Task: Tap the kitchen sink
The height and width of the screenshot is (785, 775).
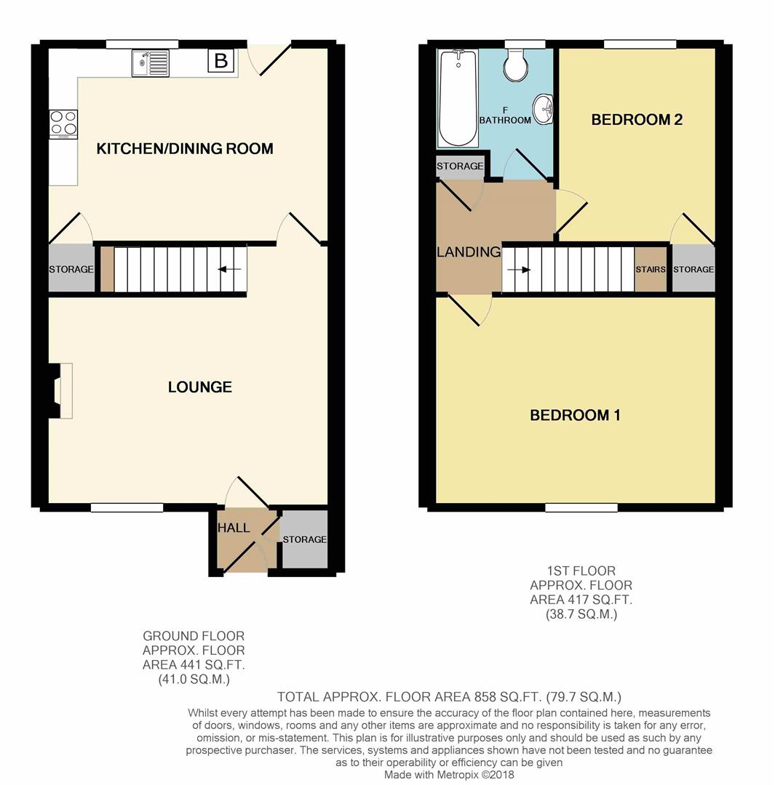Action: [x=150, y=63]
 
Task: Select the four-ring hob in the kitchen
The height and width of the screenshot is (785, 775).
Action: [x=63, y=124]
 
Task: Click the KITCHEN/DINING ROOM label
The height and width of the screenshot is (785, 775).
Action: [x=185, y=149]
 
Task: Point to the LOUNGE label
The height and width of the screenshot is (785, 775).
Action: [x=199, y=387]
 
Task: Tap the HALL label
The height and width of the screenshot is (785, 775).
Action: [x=234, y=528]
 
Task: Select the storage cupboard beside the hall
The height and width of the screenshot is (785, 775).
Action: [x=304, y=540]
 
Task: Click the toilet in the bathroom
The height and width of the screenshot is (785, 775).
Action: [x=517, y=65]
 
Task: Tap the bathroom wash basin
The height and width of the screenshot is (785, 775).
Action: [x=543, y=110]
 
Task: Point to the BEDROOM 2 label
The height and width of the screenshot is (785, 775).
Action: [x=637, y=120]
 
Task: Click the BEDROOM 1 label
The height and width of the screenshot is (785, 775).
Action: [x=575, y=416]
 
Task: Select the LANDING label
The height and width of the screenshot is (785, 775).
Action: [x=469, y=252]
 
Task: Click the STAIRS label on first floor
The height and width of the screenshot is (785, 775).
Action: [x=651, y=270]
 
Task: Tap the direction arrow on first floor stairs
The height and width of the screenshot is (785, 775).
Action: [x=518, y=270]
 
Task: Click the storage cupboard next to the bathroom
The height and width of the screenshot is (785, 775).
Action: [x=460, y=166]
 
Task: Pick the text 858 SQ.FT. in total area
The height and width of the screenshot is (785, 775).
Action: [x=500, y=696]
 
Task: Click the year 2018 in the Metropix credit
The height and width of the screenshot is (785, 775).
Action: [x=501, y=775]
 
